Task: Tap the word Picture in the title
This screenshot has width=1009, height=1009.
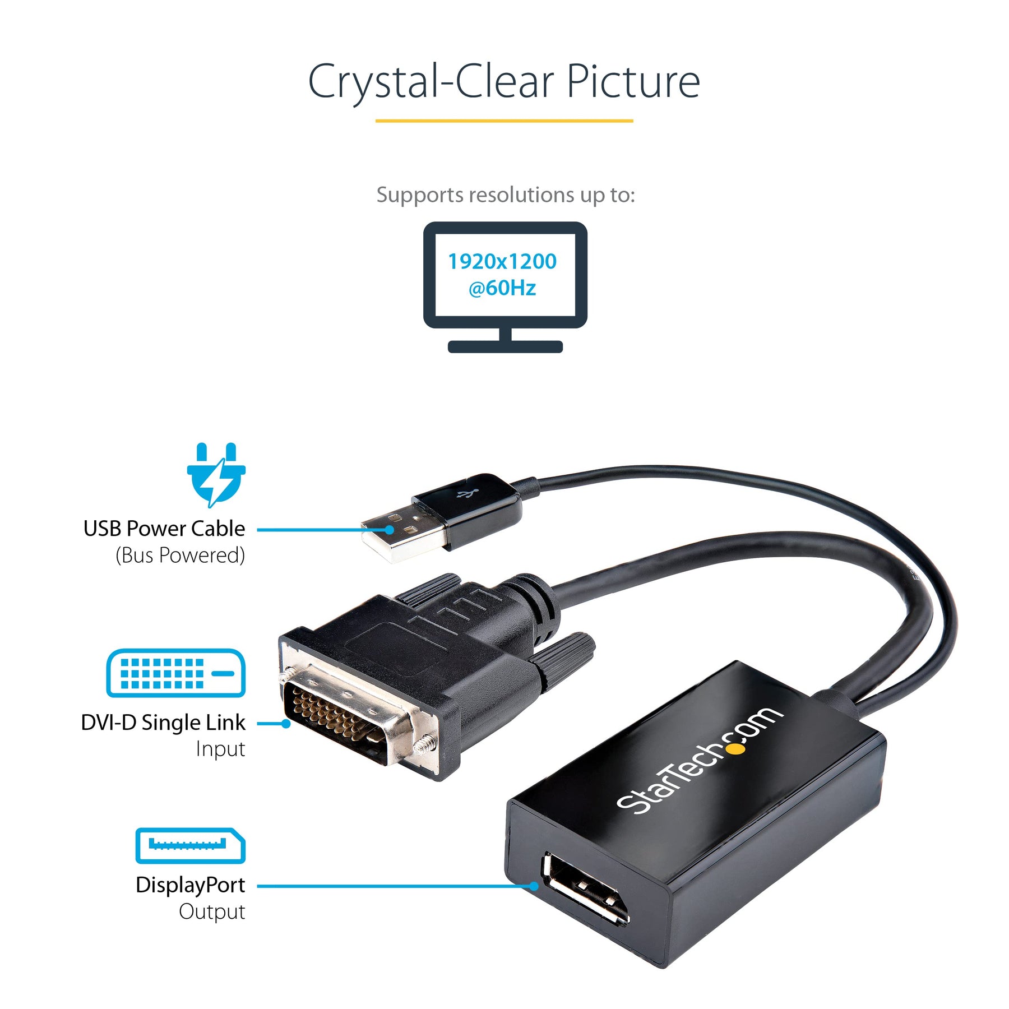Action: [x=633, y=81]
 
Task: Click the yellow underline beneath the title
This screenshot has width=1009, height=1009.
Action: [x=504, y=121]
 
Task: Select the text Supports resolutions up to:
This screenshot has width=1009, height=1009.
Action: [x=505, y=195]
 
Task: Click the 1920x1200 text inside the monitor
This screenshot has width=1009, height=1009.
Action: [x=502, y=261]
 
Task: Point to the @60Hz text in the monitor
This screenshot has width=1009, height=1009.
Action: [x=502, y=288]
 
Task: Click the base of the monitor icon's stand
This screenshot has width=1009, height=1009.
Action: [x=505, y=346]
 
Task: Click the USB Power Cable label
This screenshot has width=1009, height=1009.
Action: [x=164, y=529]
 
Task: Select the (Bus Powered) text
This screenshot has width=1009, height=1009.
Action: [x=180, y=555]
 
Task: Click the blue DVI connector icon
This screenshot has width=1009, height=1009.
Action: [x=175, y=673]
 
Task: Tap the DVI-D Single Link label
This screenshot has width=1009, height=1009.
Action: [x=163, y=723]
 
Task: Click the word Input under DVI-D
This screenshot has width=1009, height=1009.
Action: [x=220, y=749]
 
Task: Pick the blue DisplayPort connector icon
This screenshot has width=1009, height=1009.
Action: [x=190, y=845]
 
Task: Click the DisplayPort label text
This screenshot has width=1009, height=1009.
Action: [x=190, y=885]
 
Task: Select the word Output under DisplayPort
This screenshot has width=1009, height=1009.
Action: [x=212, y=911]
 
